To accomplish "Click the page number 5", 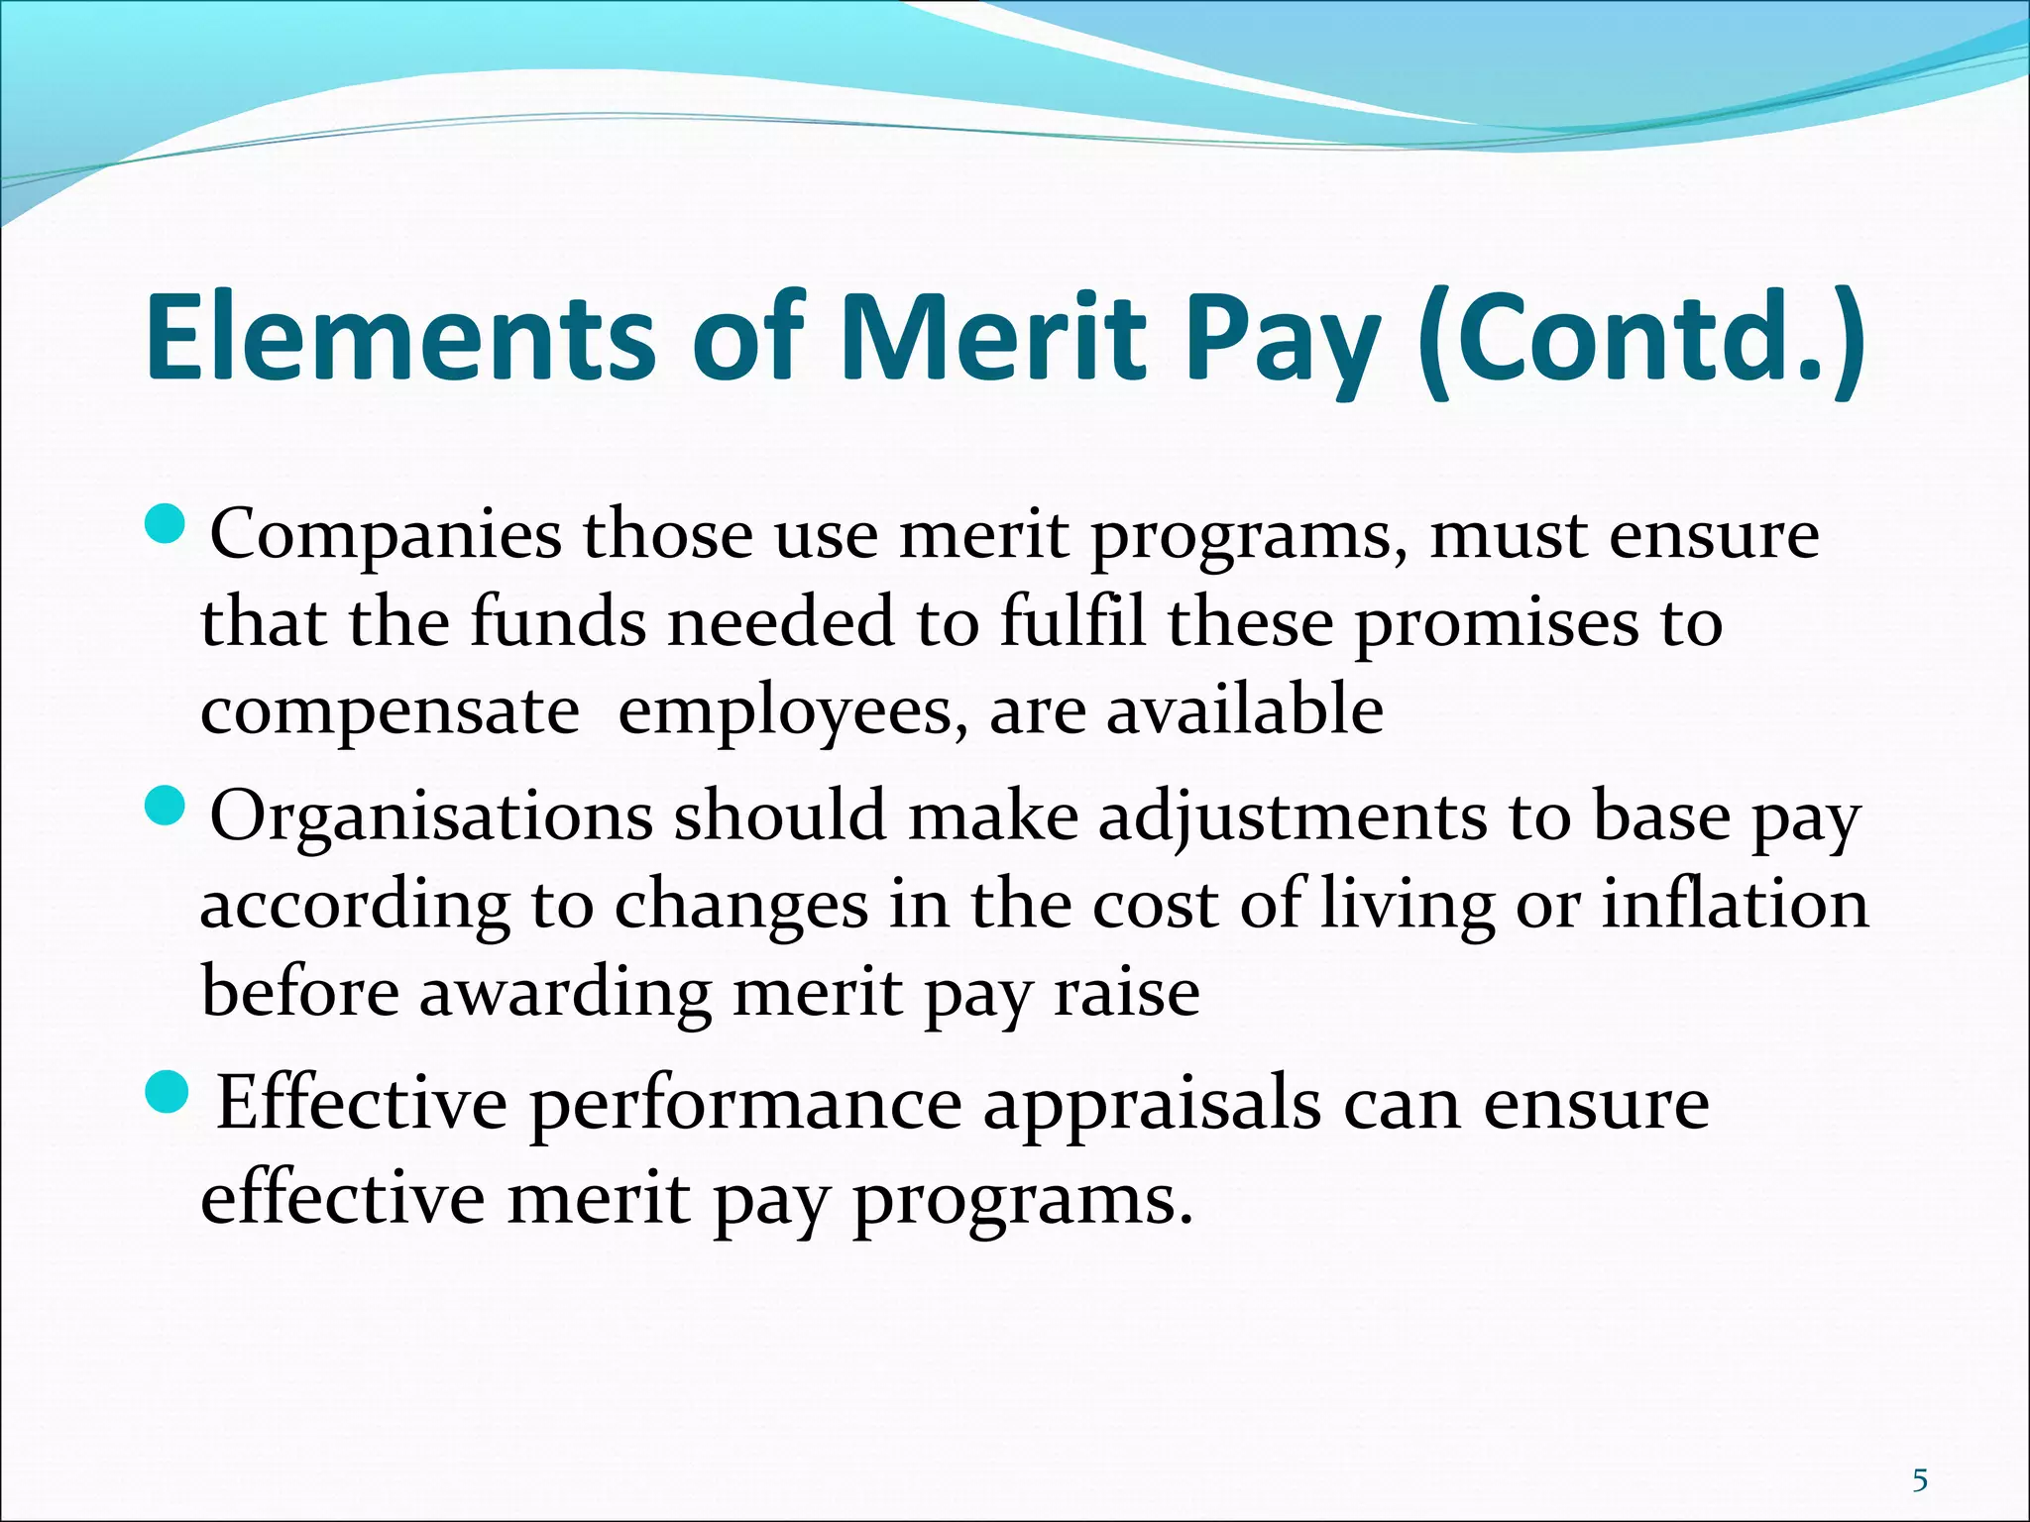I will [x=1920, y=1481].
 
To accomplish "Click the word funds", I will [x=557, y=623].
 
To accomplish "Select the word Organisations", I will [x=431, y=818].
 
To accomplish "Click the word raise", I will [x=1127, y=993].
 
